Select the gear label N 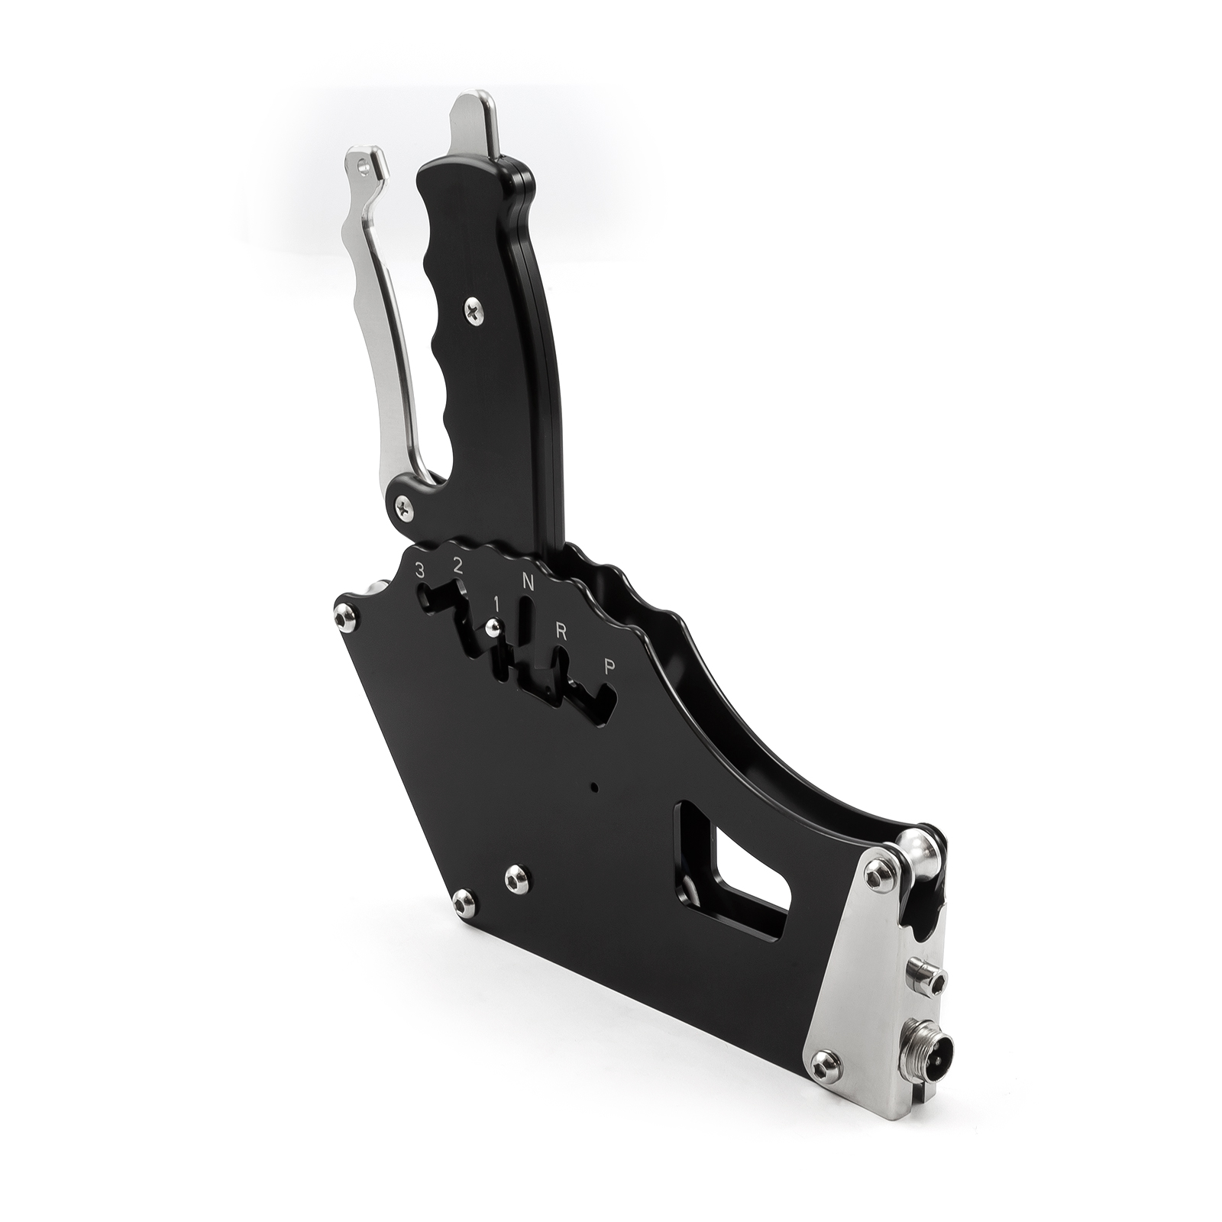527,581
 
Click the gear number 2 457,567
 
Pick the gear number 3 419,570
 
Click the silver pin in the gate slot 493,629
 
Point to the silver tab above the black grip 476,126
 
